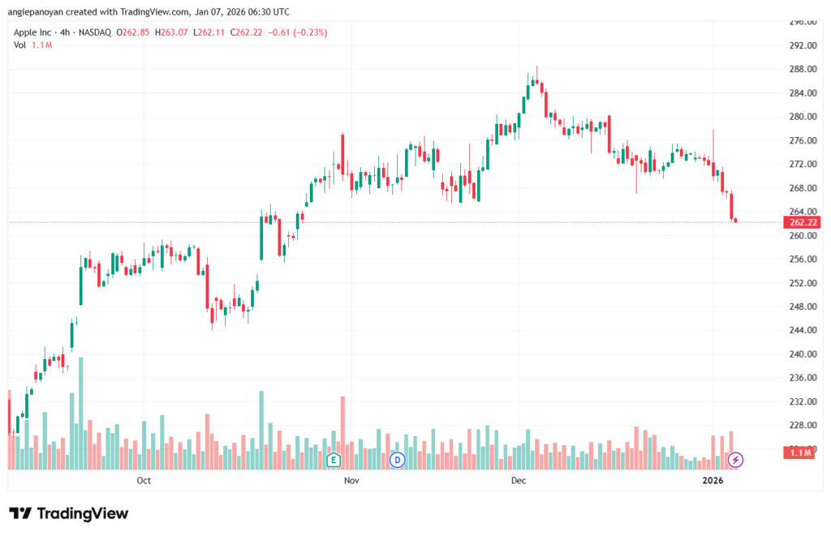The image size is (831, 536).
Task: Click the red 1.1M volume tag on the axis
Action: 799,453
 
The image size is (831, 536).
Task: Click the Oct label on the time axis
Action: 144,481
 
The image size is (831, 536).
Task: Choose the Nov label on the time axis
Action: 351,481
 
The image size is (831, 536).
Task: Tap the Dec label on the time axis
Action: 519,481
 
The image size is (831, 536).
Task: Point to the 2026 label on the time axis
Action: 713,481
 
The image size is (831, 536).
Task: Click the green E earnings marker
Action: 333,460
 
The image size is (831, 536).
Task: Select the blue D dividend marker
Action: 397,460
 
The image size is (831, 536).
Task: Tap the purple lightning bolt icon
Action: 735,460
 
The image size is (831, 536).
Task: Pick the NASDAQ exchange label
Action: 95,32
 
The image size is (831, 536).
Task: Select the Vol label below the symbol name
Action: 20,45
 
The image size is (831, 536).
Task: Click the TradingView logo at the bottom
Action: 68,513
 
